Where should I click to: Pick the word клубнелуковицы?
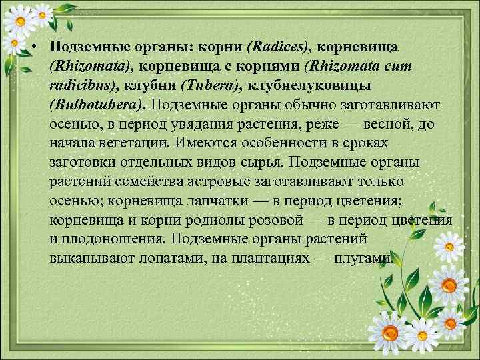[x=314, y=85]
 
